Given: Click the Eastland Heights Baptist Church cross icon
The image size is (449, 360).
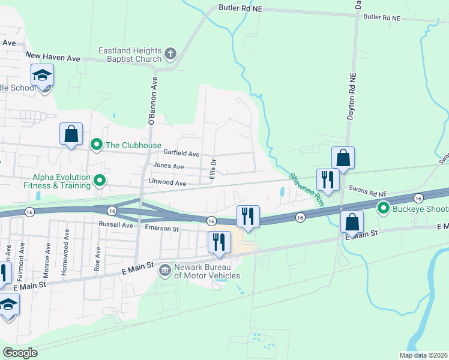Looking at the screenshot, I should click(170, 55).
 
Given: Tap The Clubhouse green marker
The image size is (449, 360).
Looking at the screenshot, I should click(95, 145).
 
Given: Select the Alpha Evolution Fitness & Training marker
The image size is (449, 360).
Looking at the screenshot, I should click(100, 179).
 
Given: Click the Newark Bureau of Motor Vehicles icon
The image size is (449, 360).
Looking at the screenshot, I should click(164, 271).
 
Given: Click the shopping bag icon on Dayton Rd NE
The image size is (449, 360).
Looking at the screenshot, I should click(343, 158).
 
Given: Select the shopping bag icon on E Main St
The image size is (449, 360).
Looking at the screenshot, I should click(352, 221).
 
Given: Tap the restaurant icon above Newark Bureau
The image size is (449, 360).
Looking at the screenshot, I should click(220, 242).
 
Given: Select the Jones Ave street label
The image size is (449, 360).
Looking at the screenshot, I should click(169, 166).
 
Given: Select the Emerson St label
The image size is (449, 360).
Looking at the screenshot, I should click(162, 229).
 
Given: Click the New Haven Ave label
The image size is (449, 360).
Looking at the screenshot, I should click(52, 58).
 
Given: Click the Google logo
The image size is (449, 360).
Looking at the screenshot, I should click(20, 353).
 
